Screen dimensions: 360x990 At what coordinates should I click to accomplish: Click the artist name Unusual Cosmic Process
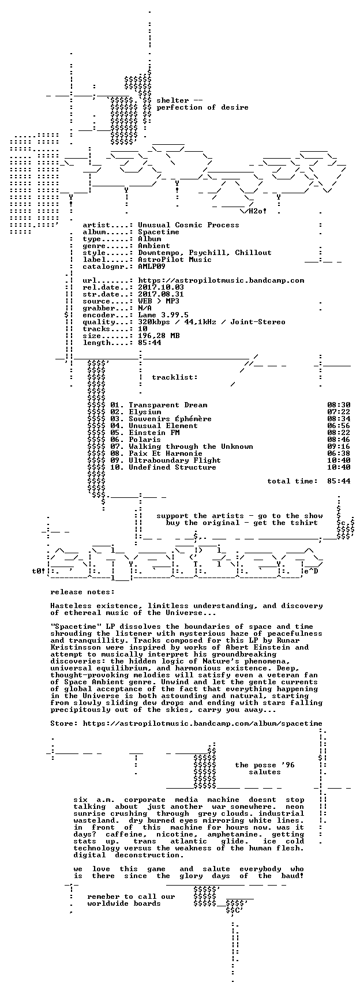tap(189, 225)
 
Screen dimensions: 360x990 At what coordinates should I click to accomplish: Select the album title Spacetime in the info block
tap(159, 232)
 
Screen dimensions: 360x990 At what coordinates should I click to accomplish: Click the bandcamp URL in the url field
tap(221, 280)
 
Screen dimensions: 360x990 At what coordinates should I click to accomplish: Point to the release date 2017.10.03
tap(161, 287)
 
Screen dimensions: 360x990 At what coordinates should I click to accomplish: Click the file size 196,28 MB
tap(159, 336)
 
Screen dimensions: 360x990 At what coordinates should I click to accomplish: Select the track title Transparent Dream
tap(168, 405)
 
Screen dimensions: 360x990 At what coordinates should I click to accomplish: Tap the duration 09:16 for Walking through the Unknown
tap(339, 447)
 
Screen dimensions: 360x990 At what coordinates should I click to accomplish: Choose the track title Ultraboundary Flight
tap(175, 460)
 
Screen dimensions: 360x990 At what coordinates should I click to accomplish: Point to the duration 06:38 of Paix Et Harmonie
tap(339, 453)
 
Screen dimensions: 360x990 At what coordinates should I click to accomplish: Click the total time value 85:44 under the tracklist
tap(339, 481)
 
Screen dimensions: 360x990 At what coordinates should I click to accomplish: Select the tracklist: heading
tap(175, 377)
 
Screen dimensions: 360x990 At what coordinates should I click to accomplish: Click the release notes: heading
tap(82, 592)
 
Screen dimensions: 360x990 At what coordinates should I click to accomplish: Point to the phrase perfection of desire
tap(202, 107)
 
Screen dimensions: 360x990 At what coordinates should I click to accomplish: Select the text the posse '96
tap(265, 765)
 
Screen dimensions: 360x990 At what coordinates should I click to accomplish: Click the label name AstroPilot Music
tap(175, 260)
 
